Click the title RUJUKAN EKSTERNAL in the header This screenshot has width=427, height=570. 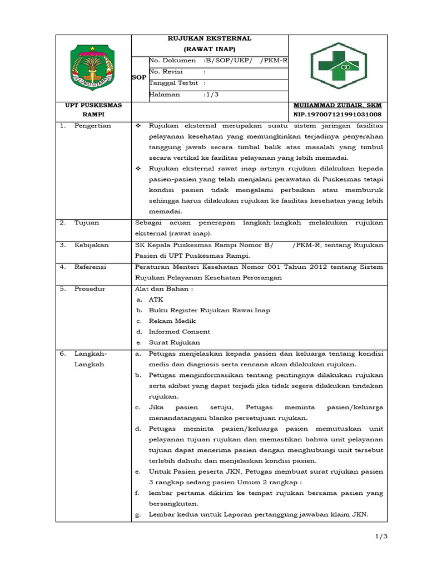[210, 38]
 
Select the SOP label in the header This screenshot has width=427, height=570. [138, 78]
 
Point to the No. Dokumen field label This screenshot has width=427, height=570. [172, 60]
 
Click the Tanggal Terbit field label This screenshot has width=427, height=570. [174, 83]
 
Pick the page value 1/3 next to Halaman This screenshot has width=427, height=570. [211, 95]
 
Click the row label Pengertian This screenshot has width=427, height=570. [93, 126]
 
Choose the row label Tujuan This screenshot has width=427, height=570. [87, 223]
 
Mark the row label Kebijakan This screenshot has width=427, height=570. [92, 245]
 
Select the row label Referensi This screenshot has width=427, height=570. [91, 267]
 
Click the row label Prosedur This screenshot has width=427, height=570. [90, 289]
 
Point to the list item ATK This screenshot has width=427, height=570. [156, 299]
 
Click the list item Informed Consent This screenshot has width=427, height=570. [179, 332]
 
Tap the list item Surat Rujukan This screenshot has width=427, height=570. [174, 342]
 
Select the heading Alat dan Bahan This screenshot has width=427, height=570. [164, 289]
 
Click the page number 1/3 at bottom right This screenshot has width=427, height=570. [379, 536]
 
